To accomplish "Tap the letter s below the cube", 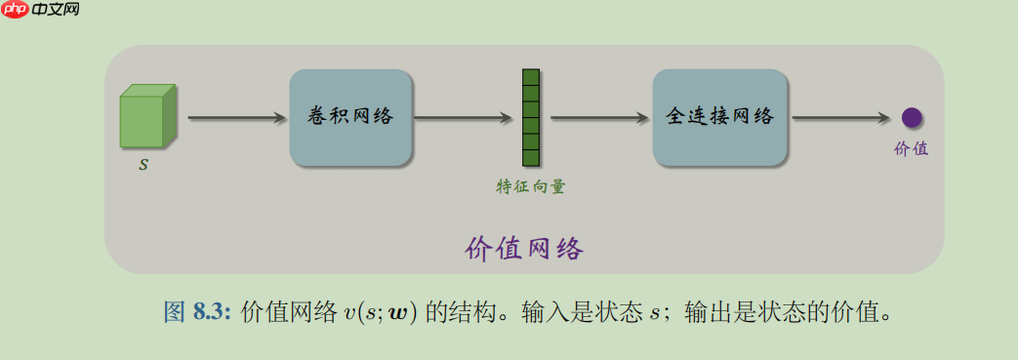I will point(143,165).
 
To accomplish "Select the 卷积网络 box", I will point(350,117).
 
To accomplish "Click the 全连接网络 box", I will point(719,117).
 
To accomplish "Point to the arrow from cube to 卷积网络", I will point(235,118).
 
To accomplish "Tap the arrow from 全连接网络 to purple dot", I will point(840,118).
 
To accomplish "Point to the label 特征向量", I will point(530,186).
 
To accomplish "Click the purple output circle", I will point(912,118).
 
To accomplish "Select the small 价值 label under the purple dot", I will point(911,149).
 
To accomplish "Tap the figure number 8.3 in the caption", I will point(210,312).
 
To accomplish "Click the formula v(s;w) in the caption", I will point(381,313).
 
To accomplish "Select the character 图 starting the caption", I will point(173,312).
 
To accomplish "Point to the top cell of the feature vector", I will point(531,77).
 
